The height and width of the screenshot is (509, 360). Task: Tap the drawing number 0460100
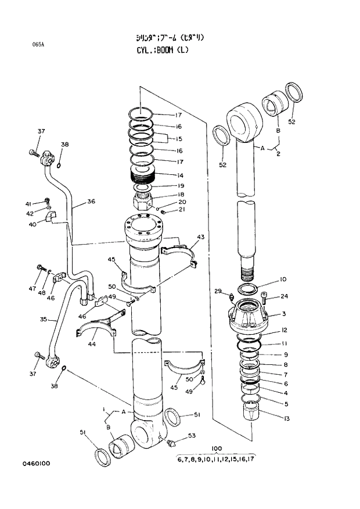tap(37, 463)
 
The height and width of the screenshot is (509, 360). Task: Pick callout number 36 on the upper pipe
tap(91, 202)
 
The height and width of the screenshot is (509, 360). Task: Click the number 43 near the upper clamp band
tap(200, 237)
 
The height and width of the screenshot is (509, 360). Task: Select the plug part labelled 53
tap(170, 443)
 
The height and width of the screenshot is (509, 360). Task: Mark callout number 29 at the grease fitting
tap(218, 291)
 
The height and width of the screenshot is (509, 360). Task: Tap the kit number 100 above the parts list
tap(217, 448)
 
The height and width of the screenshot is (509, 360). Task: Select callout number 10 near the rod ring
tap(283, 279)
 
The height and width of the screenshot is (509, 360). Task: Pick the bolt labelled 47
tap(41, 268)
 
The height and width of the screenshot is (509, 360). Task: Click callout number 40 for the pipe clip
tap(33, 224)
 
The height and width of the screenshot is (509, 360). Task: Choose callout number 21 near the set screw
tap(181, 210)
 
